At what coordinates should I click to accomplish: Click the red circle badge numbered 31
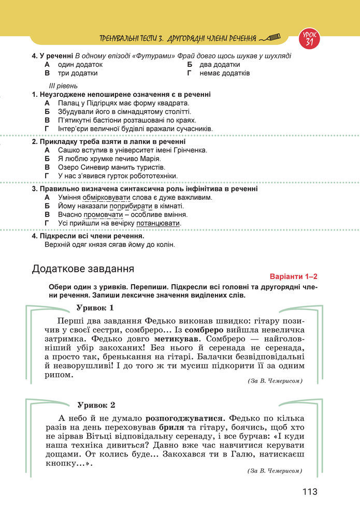309,38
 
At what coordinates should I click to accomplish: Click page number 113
310,492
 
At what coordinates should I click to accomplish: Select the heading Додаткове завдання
83,269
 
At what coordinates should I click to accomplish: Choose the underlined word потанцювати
159,223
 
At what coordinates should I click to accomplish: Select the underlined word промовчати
103,214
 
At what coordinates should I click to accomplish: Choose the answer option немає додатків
224,73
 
